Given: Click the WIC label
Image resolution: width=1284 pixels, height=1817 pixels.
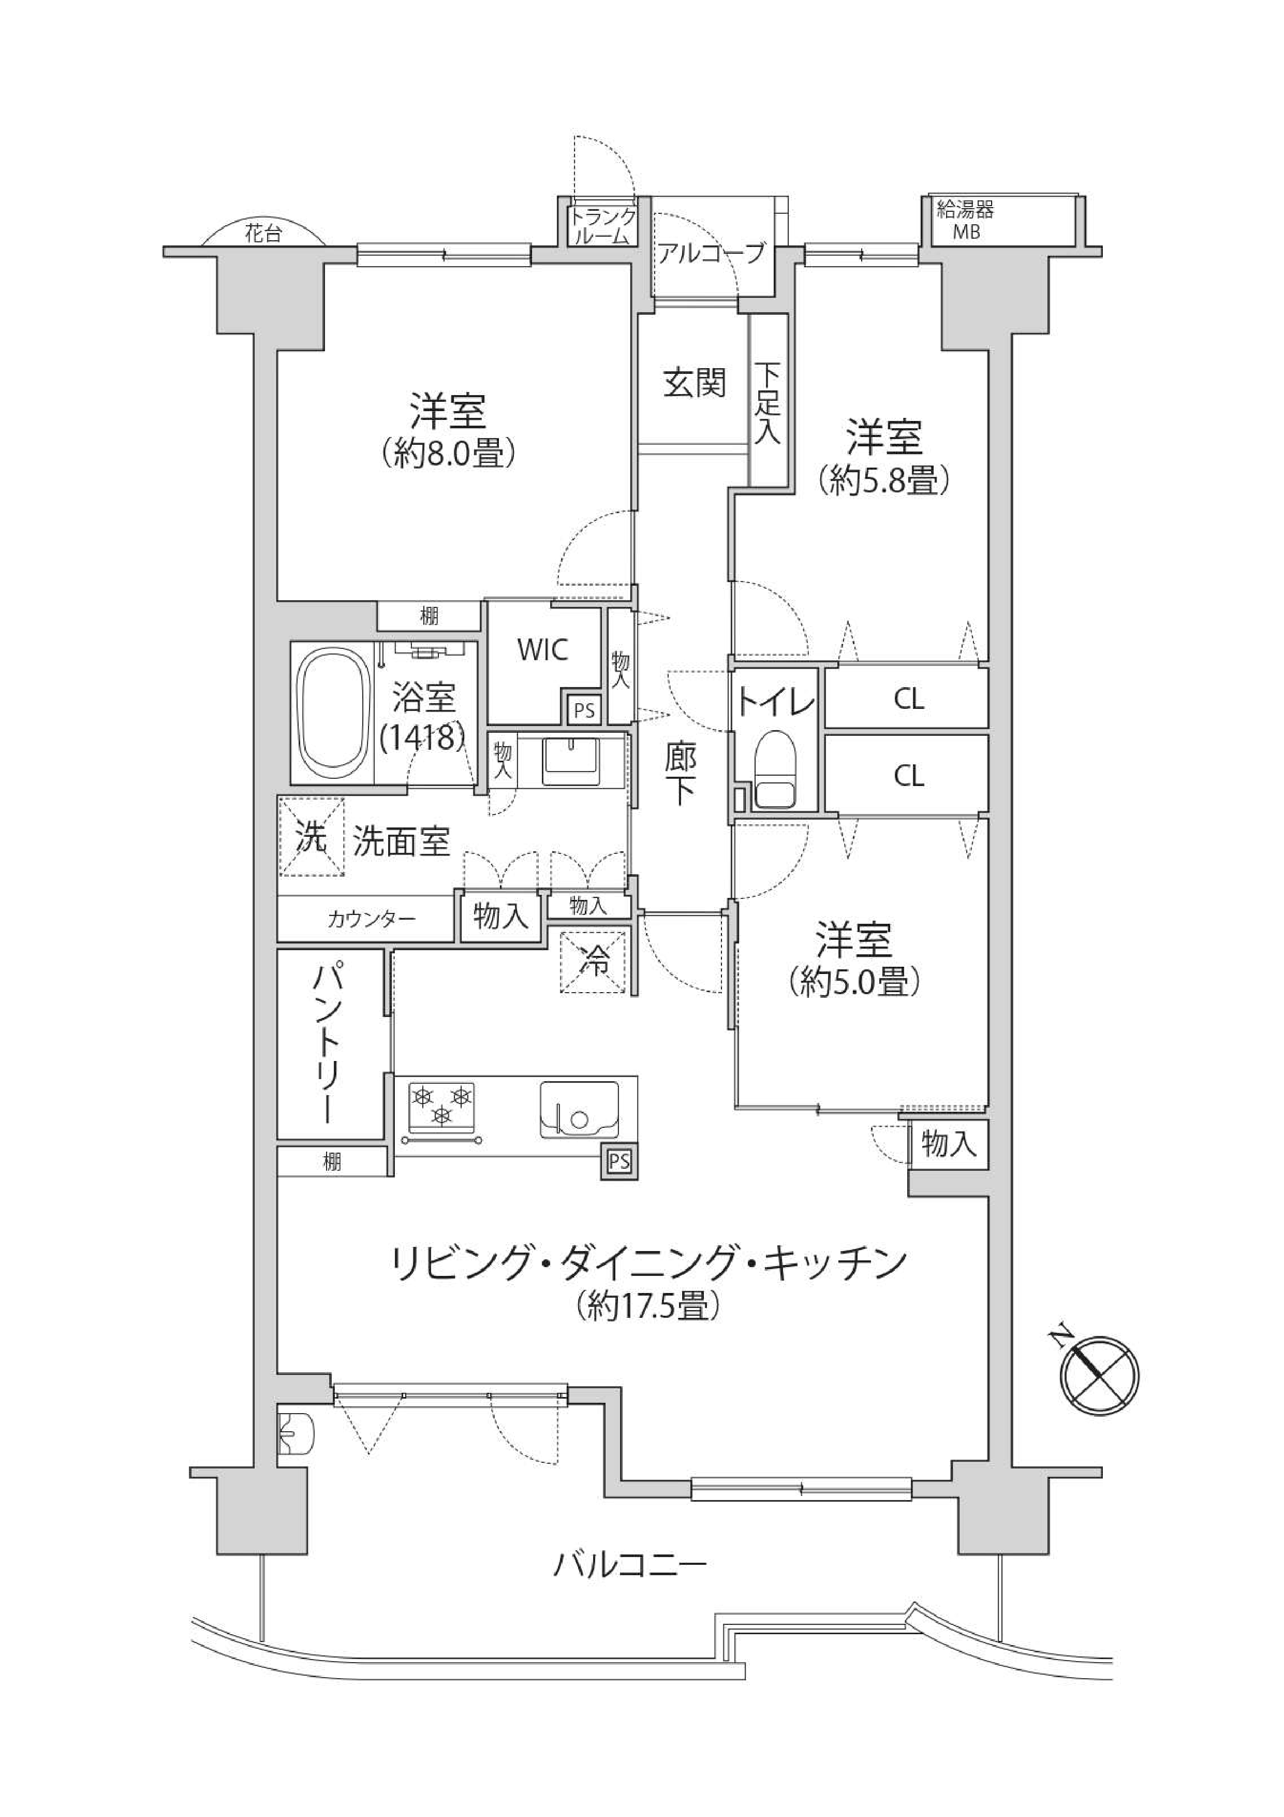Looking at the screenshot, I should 543,650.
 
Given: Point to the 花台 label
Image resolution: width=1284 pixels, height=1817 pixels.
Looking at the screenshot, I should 262,234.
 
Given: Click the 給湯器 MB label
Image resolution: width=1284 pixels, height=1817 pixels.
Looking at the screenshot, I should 965,221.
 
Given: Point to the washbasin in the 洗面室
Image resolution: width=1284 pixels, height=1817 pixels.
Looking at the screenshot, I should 572,761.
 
